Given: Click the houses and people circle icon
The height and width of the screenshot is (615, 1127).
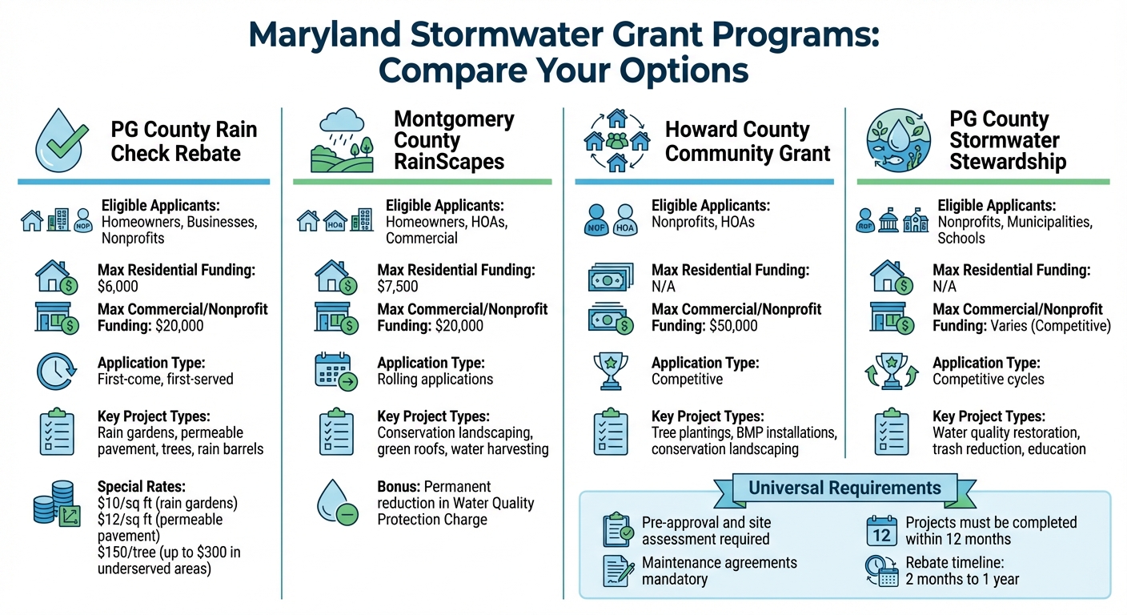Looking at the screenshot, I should click(616, 142).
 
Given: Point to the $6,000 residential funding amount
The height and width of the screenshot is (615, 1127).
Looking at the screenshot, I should click(118, 287).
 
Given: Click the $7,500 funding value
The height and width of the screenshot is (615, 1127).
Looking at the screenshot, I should click(398, 287).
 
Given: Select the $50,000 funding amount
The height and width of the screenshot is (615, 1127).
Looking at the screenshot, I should click(732, 326).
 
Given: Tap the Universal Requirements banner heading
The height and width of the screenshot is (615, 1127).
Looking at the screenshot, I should click(844, 488).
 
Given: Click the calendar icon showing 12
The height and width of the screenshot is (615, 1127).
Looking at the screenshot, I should click(881, 531).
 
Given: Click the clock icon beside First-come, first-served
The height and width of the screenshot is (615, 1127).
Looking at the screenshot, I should click(56, 372).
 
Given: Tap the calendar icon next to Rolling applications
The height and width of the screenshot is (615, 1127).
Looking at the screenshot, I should click(334, 372).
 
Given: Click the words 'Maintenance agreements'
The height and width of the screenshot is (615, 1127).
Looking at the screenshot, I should click(720, 562).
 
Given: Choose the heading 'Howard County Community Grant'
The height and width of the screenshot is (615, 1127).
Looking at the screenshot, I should click(748, 142).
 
